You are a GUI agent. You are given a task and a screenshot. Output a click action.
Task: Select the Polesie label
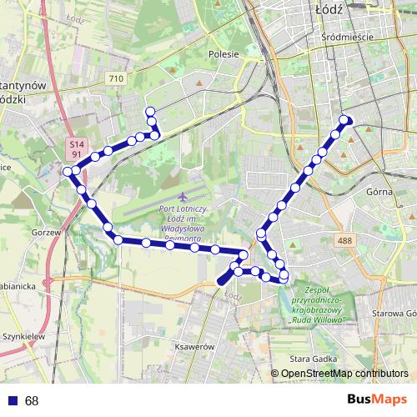(x=224, y=54)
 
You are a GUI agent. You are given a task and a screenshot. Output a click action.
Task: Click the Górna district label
(x=379, y=191)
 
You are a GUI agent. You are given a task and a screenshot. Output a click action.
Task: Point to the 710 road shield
(x=116, y=78)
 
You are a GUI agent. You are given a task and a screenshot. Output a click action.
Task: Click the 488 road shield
(x=344, y=240)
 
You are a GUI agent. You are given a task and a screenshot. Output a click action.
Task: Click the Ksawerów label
(x=196, y=346)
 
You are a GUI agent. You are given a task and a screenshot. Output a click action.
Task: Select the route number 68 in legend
(x=32, y=401)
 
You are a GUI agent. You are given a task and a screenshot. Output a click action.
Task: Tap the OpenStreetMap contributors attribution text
(x=344, y=374)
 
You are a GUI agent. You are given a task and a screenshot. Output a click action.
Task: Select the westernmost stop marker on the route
(x=68, y=171)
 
